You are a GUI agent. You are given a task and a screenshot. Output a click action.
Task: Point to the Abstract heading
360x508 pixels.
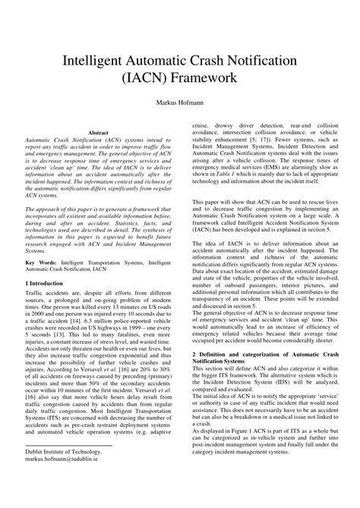[100, 132]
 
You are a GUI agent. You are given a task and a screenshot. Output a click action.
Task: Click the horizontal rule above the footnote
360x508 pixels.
[68, 465]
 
